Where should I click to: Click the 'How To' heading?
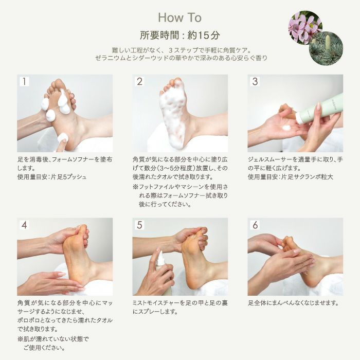[x=179, y=18]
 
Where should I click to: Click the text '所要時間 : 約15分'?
[x=179, y=35]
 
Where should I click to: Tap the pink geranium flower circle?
[x=304, y=28]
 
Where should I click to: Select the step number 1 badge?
[x=25, y=82]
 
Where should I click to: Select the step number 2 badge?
[x=140, y=82]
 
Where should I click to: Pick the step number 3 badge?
[x=255, y=82]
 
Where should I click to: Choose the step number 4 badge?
[x=25, y=225]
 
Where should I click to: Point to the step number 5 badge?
[x=140, y=225]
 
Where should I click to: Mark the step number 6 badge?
[x=255, y=225]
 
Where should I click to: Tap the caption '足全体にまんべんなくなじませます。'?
[x=294, y=303]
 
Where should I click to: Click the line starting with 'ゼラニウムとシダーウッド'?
[x=179, y=58]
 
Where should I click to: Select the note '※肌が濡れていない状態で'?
[x=53, y=339]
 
